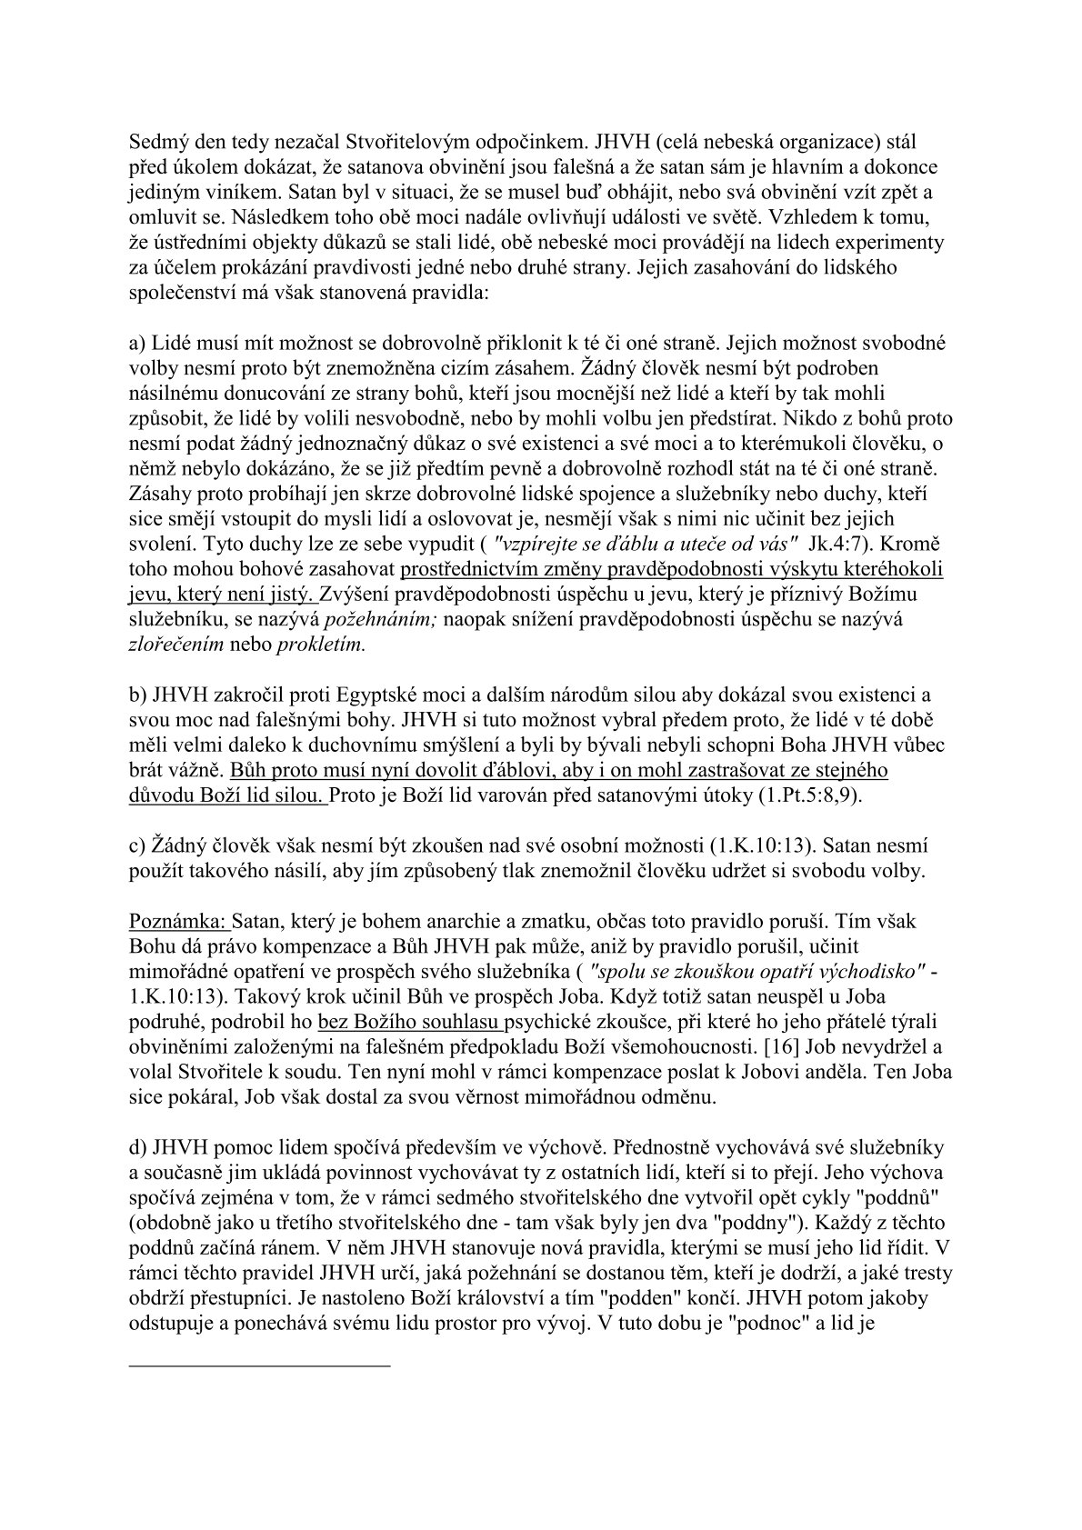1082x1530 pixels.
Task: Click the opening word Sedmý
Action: pos(156,144)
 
